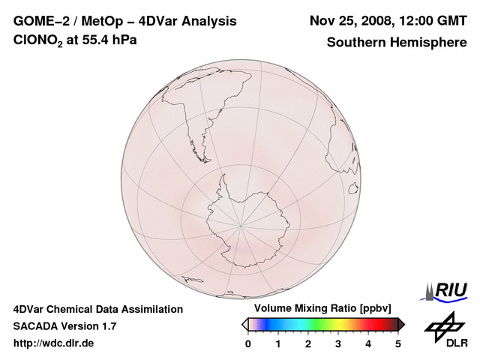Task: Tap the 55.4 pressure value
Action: [103, 40]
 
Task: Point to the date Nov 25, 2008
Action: [346, 21]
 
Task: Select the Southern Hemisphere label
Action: [397, 42]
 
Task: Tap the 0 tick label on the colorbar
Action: [248, 343]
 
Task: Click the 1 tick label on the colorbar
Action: [278, 343]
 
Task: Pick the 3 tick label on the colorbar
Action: [338, 343]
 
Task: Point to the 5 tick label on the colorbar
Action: [398, 343]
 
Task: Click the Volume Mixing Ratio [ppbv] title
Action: [319, 309]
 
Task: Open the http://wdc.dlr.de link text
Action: [54, 343]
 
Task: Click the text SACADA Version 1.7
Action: [64, 326]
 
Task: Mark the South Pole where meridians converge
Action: [241, 223]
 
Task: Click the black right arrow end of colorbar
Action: [401, 324]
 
